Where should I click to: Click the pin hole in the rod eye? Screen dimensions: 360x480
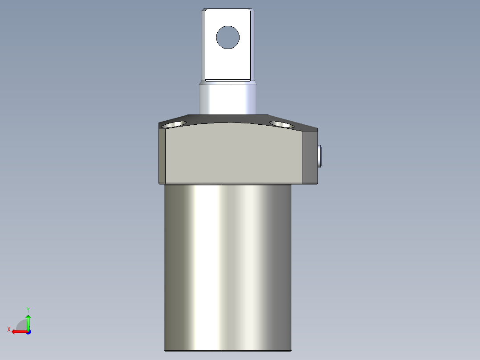click(x=228, y=37)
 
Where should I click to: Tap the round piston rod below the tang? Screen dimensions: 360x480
click(x=228, y=98)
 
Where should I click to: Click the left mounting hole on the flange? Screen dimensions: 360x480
click(x=174, y=124)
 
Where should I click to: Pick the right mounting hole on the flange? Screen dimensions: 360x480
click(x=281, y=124)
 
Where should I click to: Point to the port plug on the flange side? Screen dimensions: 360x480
click(x=320, y=156)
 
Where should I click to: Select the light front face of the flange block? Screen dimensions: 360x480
click(x=234, y=154)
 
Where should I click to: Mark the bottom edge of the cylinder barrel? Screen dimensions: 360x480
click(x=228, y=350)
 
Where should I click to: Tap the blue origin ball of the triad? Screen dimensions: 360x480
click(x=28, y=331)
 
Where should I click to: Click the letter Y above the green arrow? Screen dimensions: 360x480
click(x=28, y=309)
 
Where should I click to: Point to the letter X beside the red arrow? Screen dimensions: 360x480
click(x=8, y=329)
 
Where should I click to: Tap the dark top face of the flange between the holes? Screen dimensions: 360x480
click(x=228, y=119)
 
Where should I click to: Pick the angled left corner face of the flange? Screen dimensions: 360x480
click(x=162, y=154)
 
